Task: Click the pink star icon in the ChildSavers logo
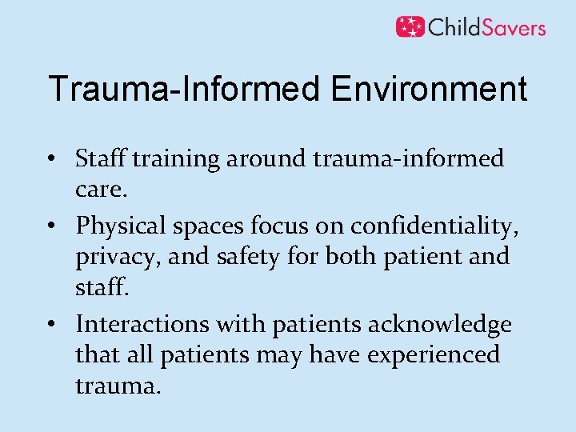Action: click(410, 26)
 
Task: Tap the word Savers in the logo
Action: click(510, 27)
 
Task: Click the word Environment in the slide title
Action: click(429, 89)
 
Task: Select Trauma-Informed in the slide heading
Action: click(186, 89)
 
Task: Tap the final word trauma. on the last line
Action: click(118, 386)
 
